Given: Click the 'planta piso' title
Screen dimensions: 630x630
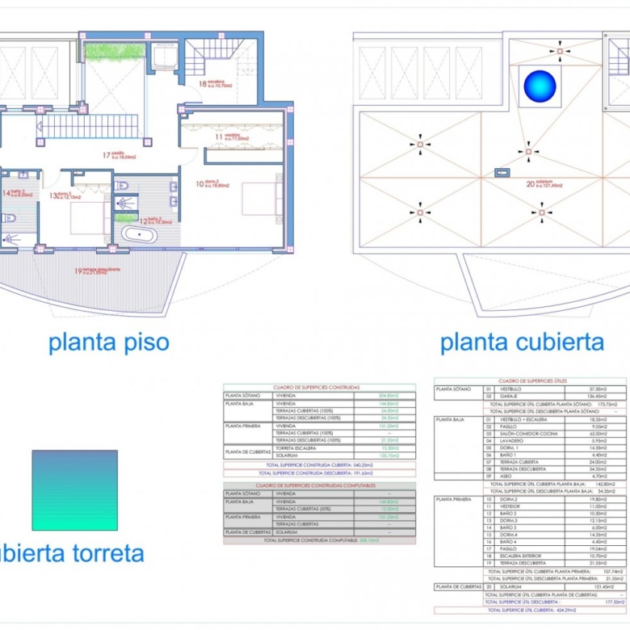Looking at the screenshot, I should click(x=109, y=342).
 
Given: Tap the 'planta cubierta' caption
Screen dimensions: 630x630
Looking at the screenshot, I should click(x=522, y=342).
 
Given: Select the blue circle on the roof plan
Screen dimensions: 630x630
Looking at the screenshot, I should click(x=540, y=87).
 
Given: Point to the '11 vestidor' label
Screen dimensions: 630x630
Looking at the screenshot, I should click(x=233, y=137).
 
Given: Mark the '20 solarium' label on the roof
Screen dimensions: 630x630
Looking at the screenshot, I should click(x=544, y=184).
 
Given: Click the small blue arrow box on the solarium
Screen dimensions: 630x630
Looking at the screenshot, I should click(x=502, y=172).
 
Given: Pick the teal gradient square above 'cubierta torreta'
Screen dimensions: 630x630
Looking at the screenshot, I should click(x=74, y=490).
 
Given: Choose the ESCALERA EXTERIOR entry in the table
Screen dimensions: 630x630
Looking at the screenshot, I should click(x=525, y=556).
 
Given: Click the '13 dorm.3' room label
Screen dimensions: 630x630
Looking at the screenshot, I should click(x=65, y=195).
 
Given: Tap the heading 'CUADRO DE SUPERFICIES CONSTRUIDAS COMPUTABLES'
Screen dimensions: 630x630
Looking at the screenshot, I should click(x=319, y=485).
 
